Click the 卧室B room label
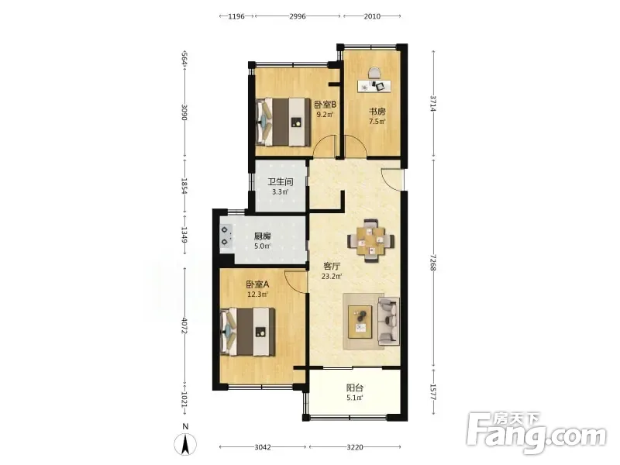tap(325, 105)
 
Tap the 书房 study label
tap(377, 112)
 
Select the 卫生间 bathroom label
tap(281, 182)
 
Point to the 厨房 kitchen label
tap(262, 236)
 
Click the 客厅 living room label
tap(332, 267)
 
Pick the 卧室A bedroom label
tap(257, 284)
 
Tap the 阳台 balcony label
tap(355, 388)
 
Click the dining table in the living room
tap(371, 241)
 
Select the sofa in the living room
tap(388, 320)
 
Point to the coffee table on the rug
tap(360, 322)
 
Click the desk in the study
tap(374, 86)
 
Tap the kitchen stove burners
tap(226, 236)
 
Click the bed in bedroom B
tap(283, 122)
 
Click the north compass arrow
tap(185, 443)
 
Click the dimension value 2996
tap(298, 16)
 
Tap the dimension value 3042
tap(263, 447)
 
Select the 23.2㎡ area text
tap(332, 277)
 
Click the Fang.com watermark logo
tap(536, 432)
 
